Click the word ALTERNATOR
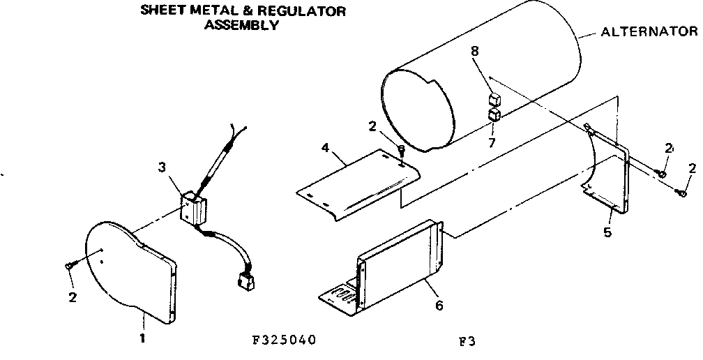pos(649,31)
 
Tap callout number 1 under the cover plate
pos(144,340)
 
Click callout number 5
pos(607,232)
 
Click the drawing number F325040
pos(285,340)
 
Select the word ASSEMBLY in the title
pos(241,26)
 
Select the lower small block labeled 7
pos(494,114)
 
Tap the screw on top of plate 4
pos(401,151)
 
